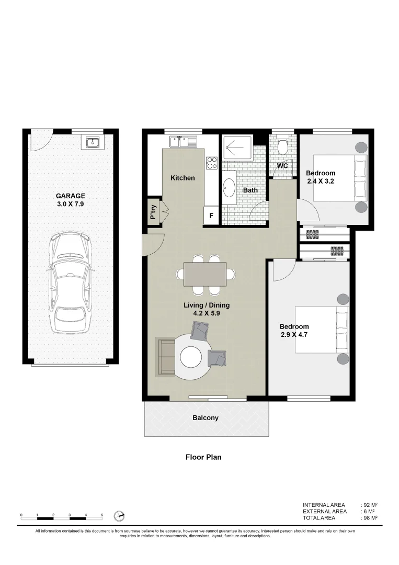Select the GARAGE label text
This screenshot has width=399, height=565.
tap(71, 196)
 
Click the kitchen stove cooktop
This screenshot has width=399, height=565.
tap(211, 163)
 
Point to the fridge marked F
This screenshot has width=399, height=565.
tap(211, 215)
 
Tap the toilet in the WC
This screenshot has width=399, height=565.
tap(283, 145)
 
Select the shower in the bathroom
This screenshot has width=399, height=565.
tap(237, 147)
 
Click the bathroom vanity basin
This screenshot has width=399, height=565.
tap(230, 188)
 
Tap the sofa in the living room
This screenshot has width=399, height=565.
tap(166, 357)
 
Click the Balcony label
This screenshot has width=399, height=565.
tap(206, 418)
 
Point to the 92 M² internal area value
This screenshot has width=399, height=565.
tap(370, 505)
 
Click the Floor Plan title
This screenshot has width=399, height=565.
tap(203, 457)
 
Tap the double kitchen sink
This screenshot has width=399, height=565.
tap(183, 141)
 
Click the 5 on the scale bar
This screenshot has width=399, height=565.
tap(102, 515)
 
